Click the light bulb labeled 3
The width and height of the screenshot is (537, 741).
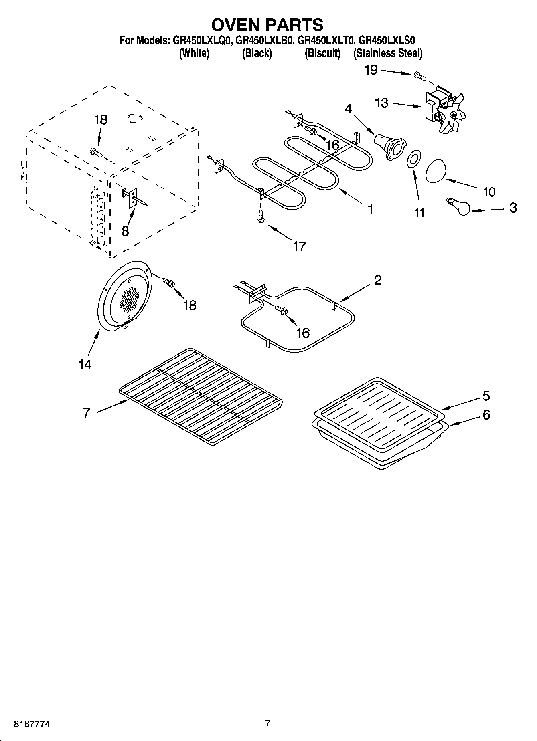[458, 206]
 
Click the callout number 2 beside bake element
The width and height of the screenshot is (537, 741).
[377, 280]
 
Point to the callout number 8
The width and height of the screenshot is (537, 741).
[125, 231]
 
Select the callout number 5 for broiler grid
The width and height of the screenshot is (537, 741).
[486, 396]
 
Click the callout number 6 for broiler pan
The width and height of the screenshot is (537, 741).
[486, 414]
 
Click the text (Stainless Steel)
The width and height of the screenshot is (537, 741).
[387, 53]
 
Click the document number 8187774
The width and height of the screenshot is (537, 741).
[32, 724]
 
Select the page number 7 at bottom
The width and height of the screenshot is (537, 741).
[267, 723]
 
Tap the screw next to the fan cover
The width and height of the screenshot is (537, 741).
[168, 282]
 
